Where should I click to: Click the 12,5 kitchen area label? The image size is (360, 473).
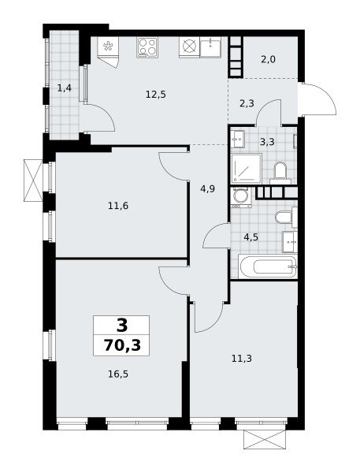(x=156, y=95)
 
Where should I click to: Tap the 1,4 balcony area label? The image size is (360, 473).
(x=65, y=88)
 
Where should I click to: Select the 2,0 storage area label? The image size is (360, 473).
(x=268, y=59)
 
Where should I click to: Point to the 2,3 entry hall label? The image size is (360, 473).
(x=247, y=103)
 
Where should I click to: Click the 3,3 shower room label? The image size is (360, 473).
(x=267, y=141)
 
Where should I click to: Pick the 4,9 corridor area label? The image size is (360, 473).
(x=208, y=189)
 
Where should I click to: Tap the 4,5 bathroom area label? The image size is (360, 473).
(x=251, y=237)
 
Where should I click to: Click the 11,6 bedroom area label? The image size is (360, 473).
(x=118, y=206)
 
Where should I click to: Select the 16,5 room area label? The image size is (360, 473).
(x=118, y=374)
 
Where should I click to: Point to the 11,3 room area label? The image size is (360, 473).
(x=242, y=359)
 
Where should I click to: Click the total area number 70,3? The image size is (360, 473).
(x=122, y=345)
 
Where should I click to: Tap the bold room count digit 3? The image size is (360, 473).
(x=122, y=325)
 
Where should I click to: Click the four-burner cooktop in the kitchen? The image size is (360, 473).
(x=147, y=47)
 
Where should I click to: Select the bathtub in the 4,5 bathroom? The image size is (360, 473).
(x=268, y=266)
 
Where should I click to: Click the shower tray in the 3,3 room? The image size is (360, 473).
(x=247, y=169)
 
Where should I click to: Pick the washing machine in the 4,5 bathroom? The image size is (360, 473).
(x=241, y=197)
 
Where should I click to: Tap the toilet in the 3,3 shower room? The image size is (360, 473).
(x=280, y=173)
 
